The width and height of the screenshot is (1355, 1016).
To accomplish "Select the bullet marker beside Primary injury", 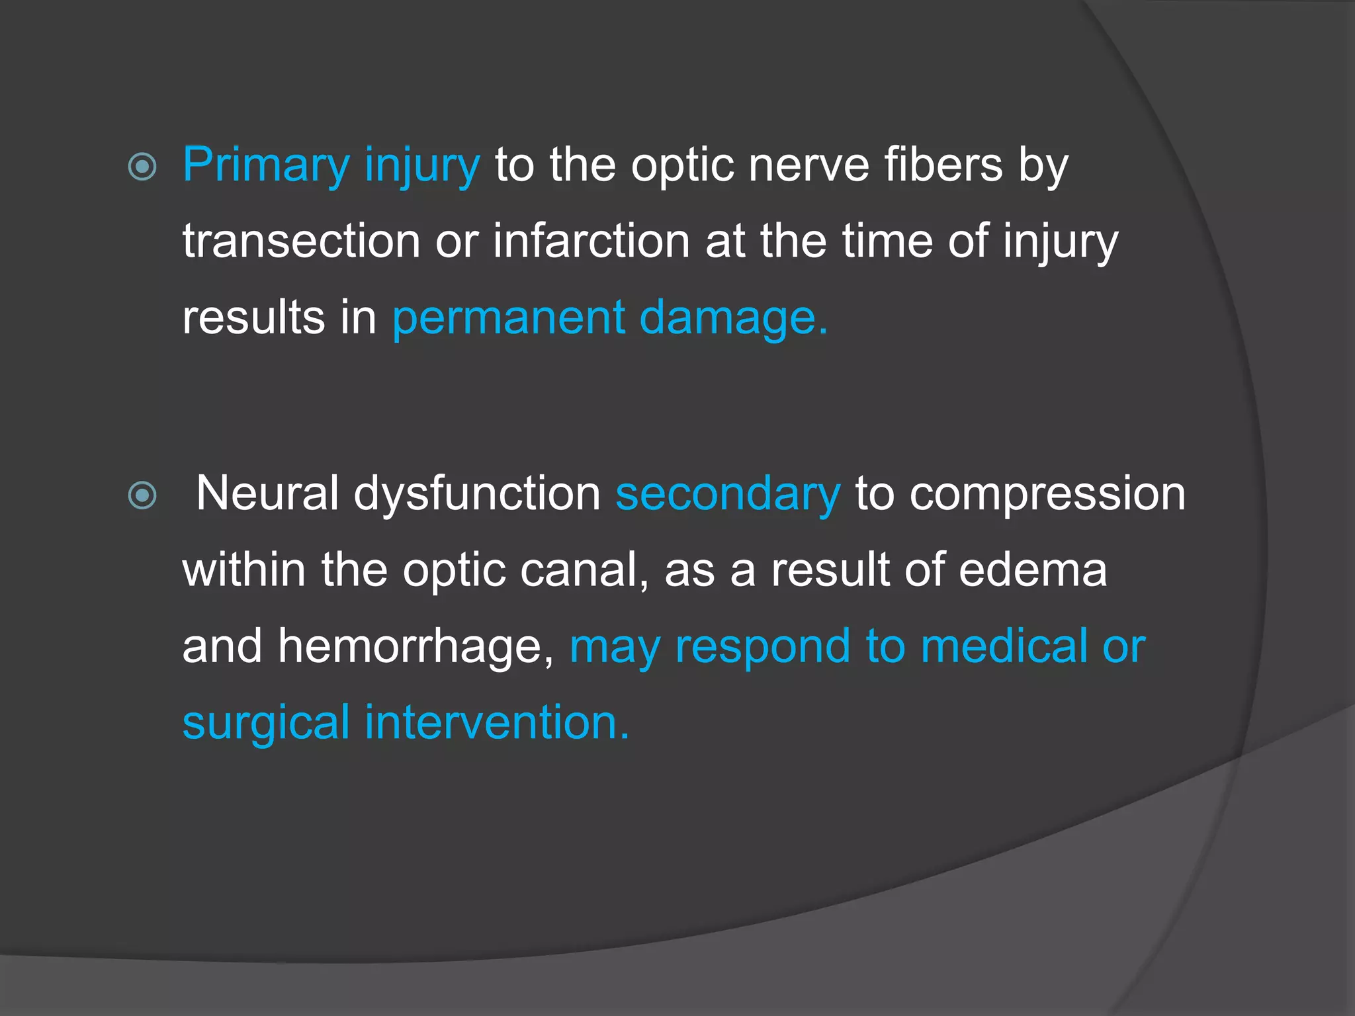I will pos(142,167).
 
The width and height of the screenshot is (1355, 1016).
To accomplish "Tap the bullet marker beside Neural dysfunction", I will pos(142,495).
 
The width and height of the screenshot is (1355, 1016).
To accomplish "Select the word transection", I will pos(301,241).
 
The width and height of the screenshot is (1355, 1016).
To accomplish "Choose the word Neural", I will pos(267,494).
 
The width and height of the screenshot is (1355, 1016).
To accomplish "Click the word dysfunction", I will pos(476,494).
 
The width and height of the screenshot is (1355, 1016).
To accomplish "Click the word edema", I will pos(1033,570).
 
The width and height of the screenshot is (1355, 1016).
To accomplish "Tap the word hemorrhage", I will pos(415,646).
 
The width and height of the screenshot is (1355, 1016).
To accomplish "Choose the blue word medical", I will pos(1004,646).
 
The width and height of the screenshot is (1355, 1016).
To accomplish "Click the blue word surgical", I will pos(266,723).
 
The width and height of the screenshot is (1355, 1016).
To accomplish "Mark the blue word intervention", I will pos(496,722).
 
